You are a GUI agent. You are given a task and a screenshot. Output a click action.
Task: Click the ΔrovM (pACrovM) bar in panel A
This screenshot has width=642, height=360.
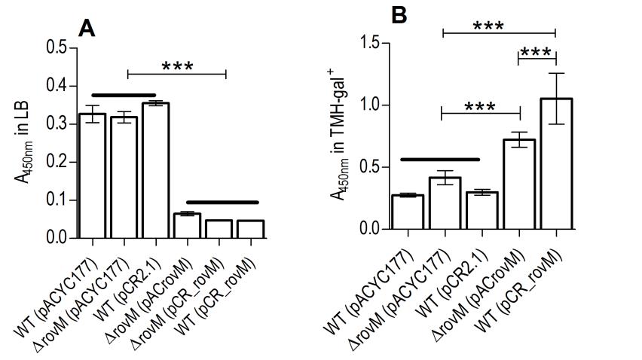pos(187,226)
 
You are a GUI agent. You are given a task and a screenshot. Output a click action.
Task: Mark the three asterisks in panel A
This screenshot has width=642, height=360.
pos(177,66)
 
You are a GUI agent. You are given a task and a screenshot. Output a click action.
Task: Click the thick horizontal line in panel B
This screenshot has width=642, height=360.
pos(439,160)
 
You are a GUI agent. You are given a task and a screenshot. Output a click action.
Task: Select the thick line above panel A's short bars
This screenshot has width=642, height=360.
pos(222,203)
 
